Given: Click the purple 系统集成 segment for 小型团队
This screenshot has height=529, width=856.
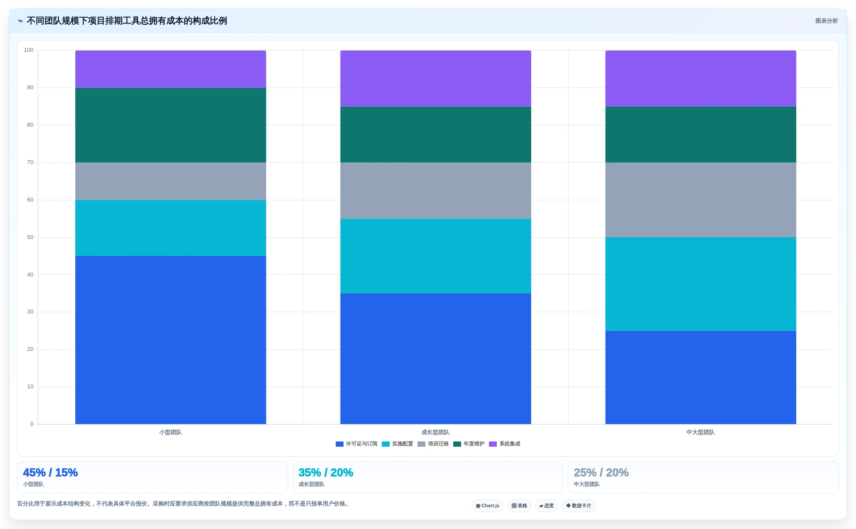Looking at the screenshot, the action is coord(171,69).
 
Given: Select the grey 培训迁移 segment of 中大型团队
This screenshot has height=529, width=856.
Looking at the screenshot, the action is coord(701,200).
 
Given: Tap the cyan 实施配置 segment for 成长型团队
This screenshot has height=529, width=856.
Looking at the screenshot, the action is coord(435,256).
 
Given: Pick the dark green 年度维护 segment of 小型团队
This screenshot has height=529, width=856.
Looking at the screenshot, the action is coord(171,125).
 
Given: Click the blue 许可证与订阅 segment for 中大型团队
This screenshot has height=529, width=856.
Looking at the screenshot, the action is coord(701,377).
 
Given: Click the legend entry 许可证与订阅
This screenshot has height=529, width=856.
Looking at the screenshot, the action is coord(357,444).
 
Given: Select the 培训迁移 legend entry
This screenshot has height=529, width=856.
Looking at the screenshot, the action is coord(433,444).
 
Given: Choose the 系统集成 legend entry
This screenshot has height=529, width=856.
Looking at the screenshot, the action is coord(505,444).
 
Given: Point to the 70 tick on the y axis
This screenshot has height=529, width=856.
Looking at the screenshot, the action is coord(30,162).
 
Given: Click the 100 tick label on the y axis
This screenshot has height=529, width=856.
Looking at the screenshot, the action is coord(29,50).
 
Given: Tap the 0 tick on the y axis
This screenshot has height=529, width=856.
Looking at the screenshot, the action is coord(32,424).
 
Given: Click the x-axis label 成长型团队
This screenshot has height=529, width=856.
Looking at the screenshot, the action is coord(435,432).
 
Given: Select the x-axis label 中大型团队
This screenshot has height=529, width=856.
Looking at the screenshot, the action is coord(701,432).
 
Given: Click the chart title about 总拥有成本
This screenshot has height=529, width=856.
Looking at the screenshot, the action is coord(127,21).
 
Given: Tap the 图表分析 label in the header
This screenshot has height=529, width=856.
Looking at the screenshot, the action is coord(826,21).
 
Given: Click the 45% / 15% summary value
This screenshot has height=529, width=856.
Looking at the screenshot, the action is coord(50,472).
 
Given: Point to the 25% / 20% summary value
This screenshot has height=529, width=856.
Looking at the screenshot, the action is coord(601,472).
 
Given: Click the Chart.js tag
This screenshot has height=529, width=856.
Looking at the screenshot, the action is coord(488,506).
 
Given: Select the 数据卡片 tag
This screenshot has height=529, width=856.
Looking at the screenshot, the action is coord(579,506).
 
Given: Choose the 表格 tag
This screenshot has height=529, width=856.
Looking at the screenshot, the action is coord(519,506).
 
